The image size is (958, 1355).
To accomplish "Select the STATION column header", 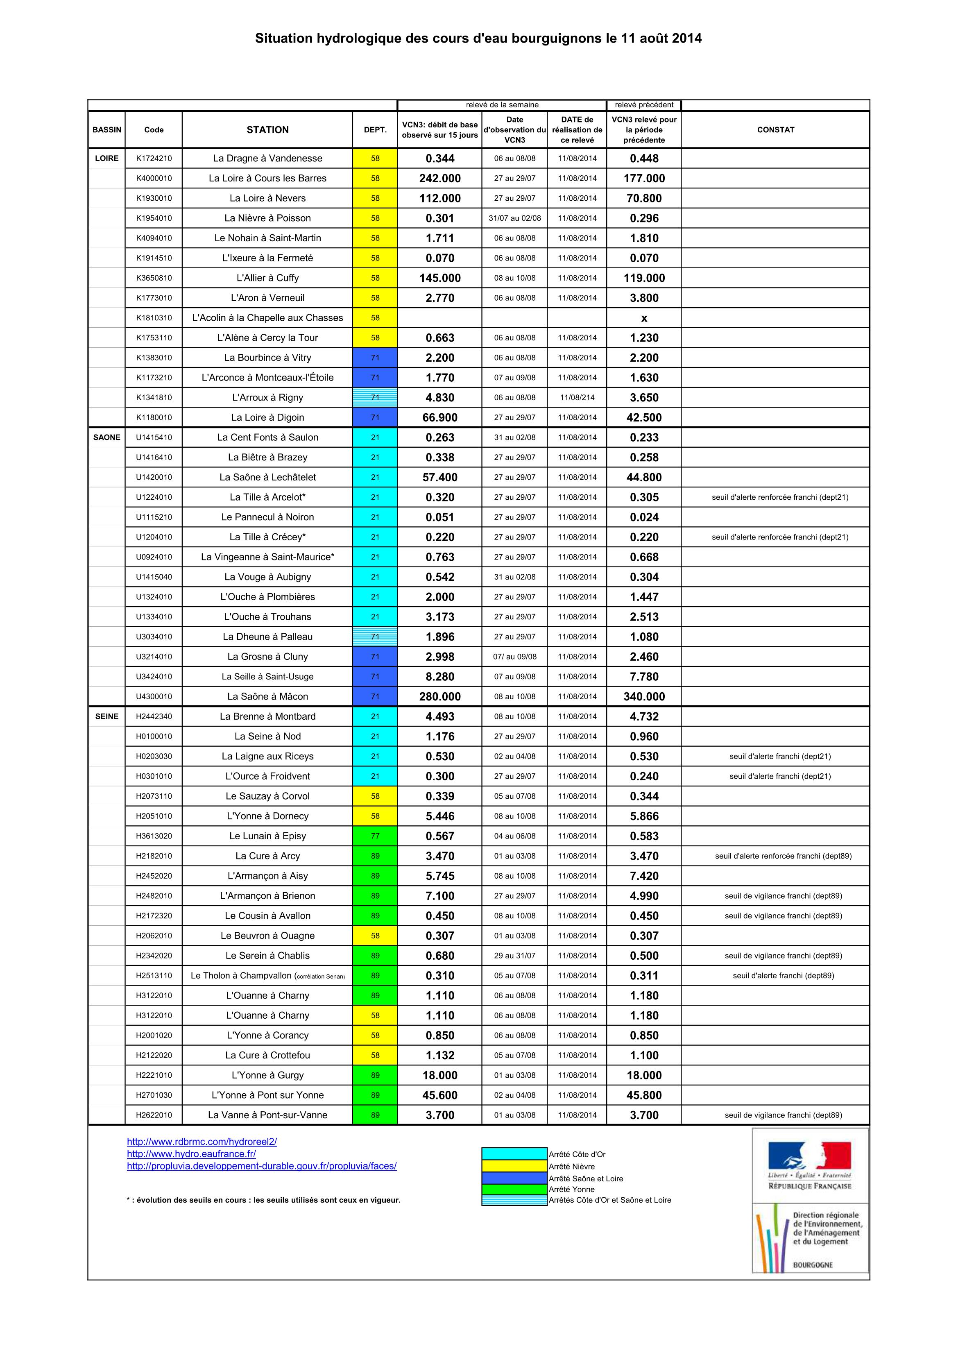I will pos(267,130).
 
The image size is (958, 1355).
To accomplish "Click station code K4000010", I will pos(154,178).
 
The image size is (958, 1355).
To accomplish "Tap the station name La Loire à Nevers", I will pos(267,198).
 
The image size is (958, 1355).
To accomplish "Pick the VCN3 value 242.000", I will pos(440,178).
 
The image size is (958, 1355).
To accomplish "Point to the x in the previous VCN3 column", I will pos(644,318).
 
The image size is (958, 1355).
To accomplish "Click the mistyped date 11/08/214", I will pos(577,398).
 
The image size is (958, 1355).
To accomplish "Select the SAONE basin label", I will pos(107,437).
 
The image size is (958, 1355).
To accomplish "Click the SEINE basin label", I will pos(107,716).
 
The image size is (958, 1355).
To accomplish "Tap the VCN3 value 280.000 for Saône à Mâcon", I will pos(440,696).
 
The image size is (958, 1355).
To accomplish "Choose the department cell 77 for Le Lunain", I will pos(375,836).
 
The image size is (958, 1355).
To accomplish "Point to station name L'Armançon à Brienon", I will pos(267,896).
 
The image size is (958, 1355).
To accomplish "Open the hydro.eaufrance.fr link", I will pos(191,1154).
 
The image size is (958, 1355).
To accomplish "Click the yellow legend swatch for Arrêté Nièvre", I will pos(514,1166).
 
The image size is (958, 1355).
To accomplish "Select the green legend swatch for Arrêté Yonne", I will pos(514,1189).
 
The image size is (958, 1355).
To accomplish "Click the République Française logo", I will pos(809,1166).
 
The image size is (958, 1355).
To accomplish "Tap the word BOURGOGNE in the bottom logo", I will pos(812,1265).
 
